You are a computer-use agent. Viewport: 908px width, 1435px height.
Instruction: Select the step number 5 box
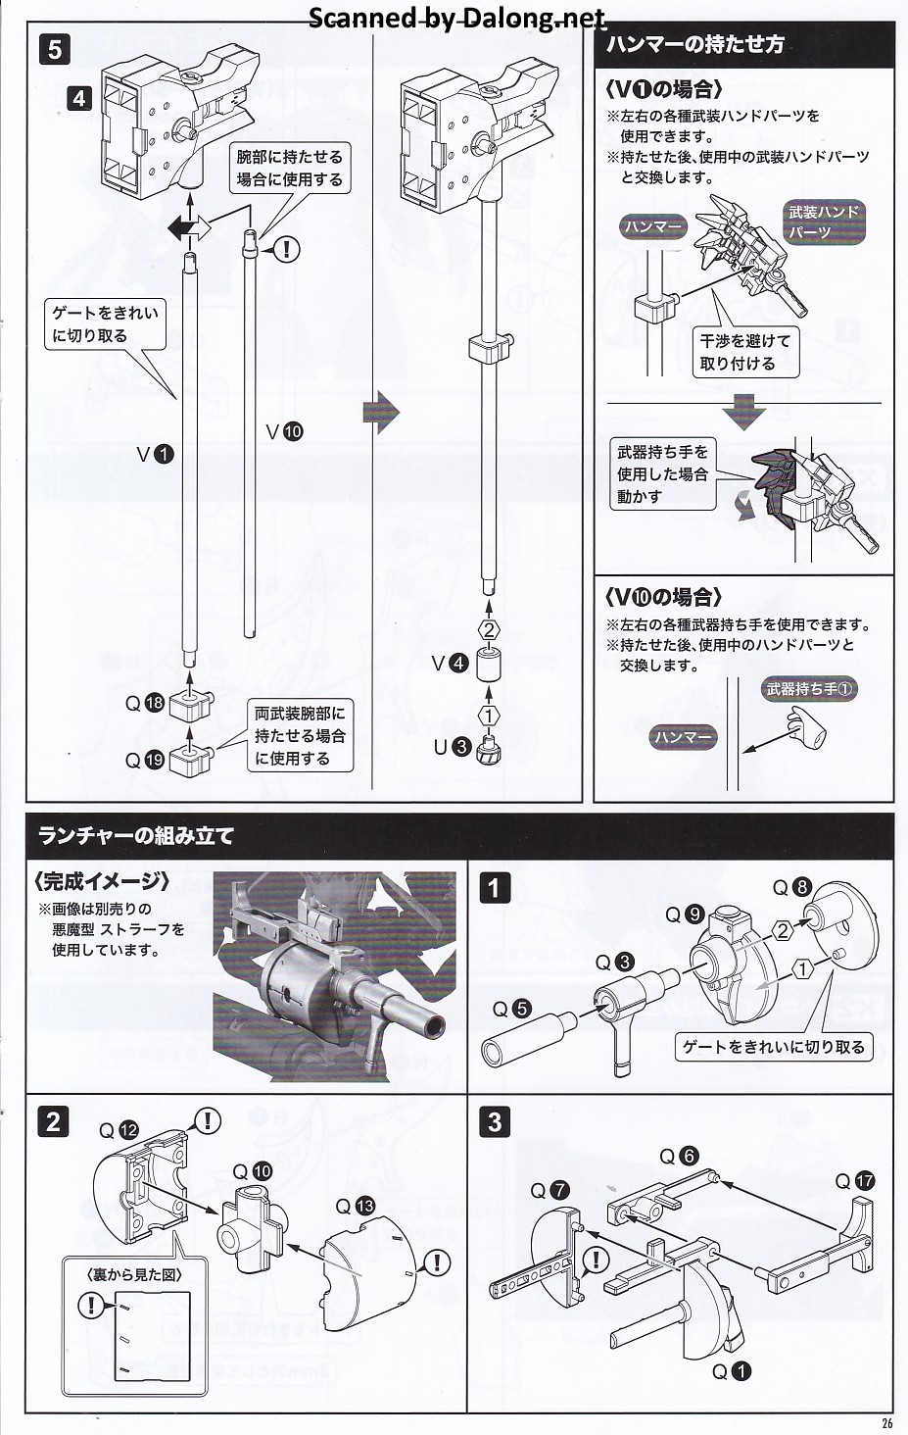point(54,49)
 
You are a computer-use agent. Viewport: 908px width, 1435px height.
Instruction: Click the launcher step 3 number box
point(495,1121)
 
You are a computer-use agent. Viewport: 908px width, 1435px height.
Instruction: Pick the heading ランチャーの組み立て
point(136,836)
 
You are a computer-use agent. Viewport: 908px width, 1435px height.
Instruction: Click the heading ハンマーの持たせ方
point(694,45)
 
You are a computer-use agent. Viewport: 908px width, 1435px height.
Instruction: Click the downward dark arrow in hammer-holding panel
point(743,411)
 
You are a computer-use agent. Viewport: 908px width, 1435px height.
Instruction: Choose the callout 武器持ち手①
point(809,689)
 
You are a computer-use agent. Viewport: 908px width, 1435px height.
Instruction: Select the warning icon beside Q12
point(209,1120)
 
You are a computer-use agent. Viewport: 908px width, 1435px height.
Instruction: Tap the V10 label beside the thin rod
point(285,431)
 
